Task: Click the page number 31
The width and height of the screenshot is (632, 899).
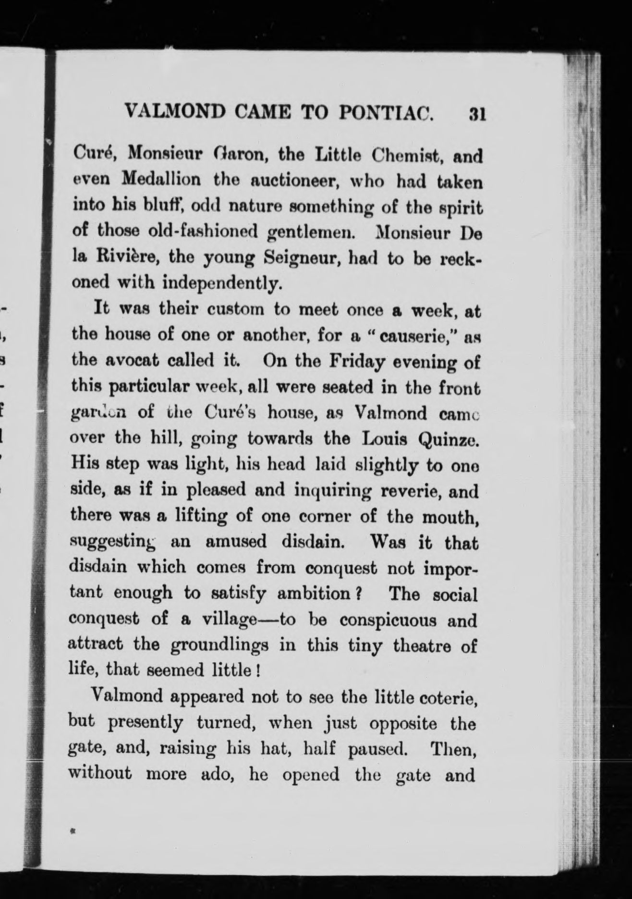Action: coord(476,113)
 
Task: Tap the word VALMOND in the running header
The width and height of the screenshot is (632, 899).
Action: coord(175,112)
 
